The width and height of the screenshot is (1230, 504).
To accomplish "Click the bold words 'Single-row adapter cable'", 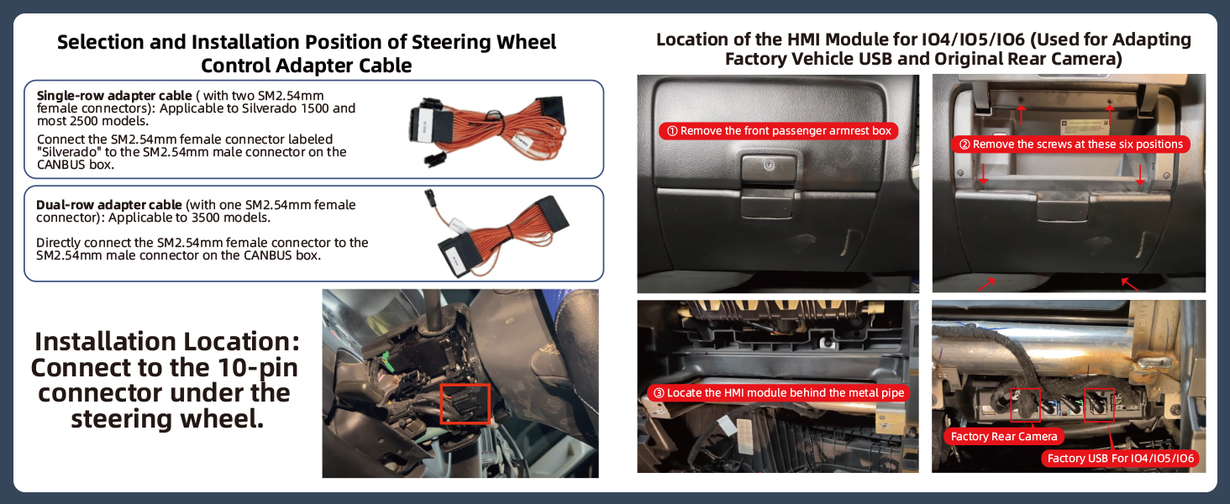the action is pyautogui.click(x=114, y=96).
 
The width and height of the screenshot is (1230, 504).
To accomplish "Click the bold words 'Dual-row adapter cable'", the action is pyautogui.click(x=108, y=205).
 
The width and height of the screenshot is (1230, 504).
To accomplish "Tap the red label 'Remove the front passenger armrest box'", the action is pyautogui.click(x=779, y=131).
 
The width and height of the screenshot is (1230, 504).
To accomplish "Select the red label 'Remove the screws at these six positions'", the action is pyautogui.click(x=1070, y=144).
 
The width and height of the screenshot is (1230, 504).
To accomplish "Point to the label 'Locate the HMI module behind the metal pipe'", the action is pyautogui.click(x=779, y=392).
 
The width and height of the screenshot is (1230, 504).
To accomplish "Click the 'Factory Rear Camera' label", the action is pyautogui.click(x=1004, y=437).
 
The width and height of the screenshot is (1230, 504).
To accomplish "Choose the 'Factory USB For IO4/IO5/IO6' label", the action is pyautogui.click(x=1120, y=459).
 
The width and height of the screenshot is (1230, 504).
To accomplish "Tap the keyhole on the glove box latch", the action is pyautogui.click(x=770, y=164).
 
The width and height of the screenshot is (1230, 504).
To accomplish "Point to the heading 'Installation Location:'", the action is pyautogui.click(x=167, y=342).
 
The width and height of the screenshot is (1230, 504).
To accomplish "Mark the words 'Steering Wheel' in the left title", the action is pyautogui.click(x=484, y=42).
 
